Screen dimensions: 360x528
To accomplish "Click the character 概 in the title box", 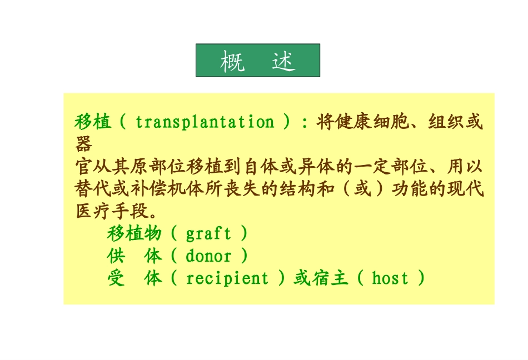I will (x=232, y=61).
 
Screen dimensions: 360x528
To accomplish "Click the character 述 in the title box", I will (x=283, y=61).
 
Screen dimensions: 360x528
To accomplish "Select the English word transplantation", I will (x=205, y=122).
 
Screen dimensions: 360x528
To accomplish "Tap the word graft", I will (x=208, y=233).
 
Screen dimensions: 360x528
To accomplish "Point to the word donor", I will (x=208, y=256).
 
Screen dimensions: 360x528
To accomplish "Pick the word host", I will (x=390, y=278).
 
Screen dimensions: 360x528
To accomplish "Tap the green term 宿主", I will (x=328, y=278).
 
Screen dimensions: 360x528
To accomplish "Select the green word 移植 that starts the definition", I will (x=93, y=122).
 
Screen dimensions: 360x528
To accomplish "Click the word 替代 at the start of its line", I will (x=93, y=189).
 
